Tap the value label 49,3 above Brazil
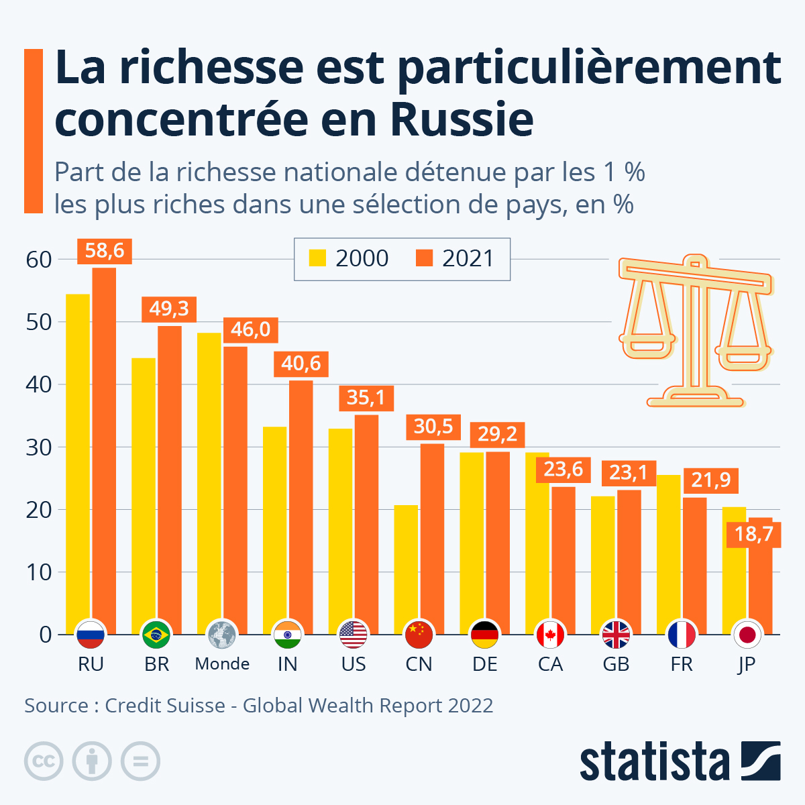169,309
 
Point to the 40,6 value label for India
301,364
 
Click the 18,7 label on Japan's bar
754,534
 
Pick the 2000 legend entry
349,258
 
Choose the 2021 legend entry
455,258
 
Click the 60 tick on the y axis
39,260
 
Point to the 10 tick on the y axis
39,572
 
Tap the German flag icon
484,634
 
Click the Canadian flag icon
550,634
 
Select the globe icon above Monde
222,634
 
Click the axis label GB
616,664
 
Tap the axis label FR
682,664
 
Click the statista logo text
654,761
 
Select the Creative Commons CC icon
44,761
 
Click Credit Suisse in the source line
165,706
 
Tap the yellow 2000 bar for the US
340,530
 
